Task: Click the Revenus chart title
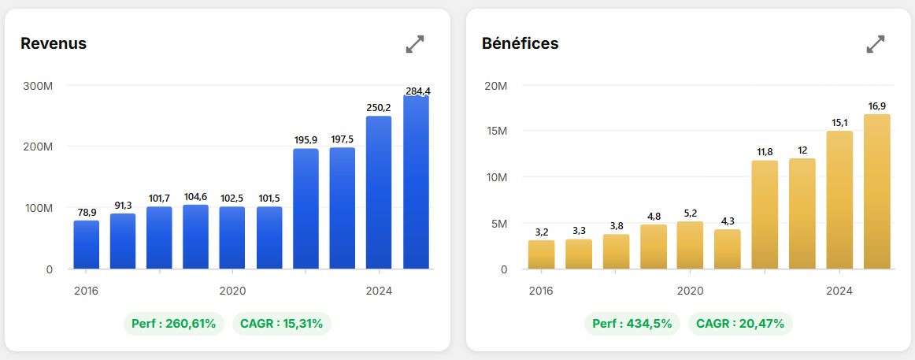click(54, 43)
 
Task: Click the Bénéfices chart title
click(520, 43)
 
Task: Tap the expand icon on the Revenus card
click(415, 44)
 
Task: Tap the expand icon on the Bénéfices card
click(876, 44)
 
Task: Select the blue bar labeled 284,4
click(416, 182)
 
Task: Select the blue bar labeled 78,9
click(87, 244)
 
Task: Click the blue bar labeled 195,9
click(306, 209)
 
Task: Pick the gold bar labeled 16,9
click(877, 191)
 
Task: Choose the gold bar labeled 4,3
click(728, 249)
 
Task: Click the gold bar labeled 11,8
click(765, 215)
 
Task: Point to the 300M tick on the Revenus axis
click(39, 86)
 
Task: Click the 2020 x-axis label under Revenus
click(233, 291)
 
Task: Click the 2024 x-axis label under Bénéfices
click(839, 291)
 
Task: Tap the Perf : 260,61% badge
click(174, 324)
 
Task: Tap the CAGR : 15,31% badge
click(282, 324)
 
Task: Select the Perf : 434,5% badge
click(632, 323)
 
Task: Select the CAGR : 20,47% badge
click(740, 323)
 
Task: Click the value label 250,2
click(380, 108)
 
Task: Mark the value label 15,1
click(839, 123)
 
